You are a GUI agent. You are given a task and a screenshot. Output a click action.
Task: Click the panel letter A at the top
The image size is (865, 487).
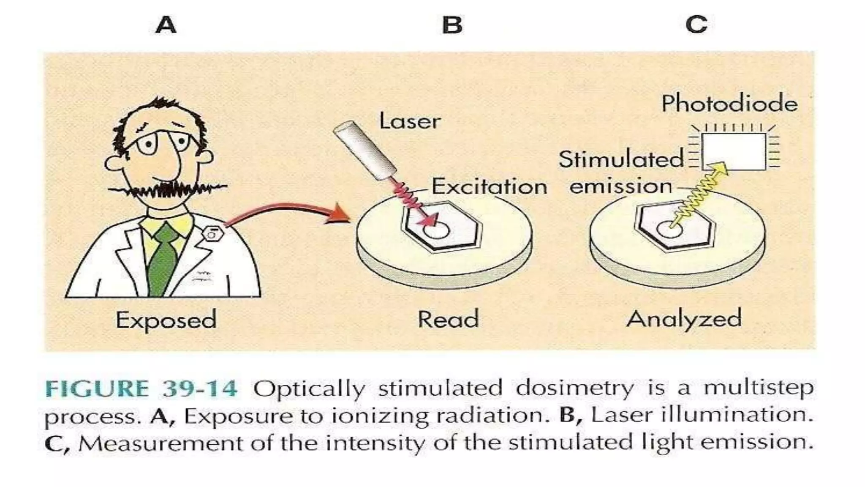[x=166, y=25]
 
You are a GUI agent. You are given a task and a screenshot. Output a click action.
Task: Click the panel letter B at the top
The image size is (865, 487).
[x=452, y=25]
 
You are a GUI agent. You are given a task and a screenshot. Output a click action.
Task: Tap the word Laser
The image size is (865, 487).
[x=410, y=121]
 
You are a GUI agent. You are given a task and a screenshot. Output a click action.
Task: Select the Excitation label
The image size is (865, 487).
[x=489, y=186]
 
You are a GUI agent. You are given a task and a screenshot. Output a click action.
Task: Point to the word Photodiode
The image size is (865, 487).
[x=729, y=104]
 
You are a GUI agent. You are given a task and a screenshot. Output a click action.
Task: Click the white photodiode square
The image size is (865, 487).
[x=734, y=150]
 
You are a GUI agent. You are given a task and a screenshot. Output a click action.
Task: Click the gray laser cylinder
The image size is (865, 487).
[x=365, y=149]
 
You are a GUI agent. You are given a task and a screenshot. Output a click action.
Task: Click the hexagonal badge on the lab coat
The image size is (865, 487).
[x=212, y=233]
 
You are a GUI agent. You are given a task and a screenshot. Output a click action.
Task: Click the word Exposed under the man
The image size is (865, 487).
[x=166, y=320]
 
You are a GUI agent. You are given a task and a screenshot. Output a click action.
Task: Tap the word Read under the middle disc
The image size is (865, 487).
[x=448, y=319]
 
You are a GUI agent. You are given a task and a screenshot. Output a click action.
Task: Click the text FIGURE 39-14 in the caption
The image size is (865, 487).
[x=141, y=389]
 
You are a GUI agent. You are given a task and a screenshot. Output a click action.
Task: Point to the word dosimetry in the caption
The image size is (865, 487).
[x=574, y=388]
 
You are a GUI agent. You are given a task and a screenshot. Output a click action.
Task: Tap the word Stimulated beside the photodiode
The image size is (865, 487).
[x=621, y=160]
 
